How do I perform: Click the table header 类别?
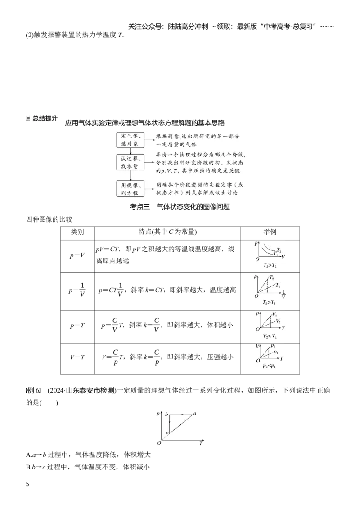77,232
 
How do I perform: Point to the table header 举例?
270,232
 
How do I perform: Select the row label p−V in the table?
77,255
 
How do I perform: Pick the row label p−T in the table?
77,326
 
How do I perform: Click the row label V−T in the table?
77,357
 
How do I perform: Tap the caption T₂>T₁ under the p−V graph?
270,266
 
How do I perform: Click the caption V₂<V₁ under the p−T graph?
270,336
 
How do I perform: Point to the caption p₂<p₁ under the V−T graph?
270,366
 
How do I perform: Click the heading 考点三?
140,207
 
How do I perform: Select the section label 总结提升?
45,118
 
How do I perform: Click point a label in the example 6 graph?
195,414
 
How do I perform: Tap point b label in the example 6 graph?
166,414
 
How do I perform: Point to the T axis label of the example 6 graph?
201,443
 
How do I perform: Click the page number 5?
27,484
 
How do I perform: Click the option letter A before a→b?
29,455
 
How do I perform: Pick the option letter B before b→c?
29,468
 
